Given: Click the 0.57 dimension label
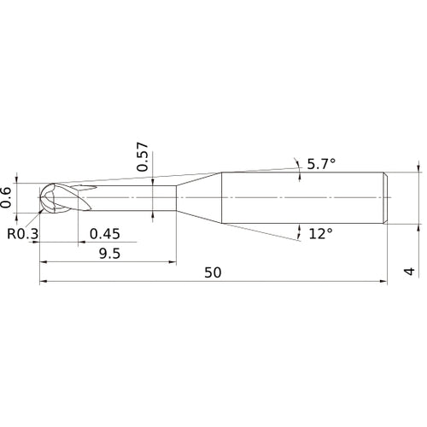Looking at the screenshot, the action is pyautogui.click(x=143, y=157).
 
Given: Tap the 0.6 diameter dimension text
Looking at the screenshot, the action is pyautogui.click(x=6, y=197).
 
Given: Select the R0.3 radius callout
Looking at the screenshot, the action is pyautogui.click(x=22, y=234).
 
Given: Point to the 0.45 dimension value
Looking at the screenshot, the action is pyautogui.click(x=105, y=234).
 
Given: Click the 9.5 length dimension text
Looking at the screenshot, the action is pyautogui.click(x=110, y=254).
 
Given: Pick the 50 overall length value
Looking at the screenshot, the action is pyautogui.click(x=213, y=272).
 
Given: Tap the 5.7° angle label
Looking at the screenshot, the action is pyautogui.click(x=321, y=164).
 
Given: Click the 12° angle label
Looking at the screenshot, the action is pyautogui.click(x=320, y=234).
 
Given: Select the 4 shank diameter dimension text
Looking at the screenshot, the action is pyautogui.click(x=410, y=272).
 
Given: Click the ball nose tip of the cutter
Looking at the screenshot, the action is pyautogui.click(x=40, y=197).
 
